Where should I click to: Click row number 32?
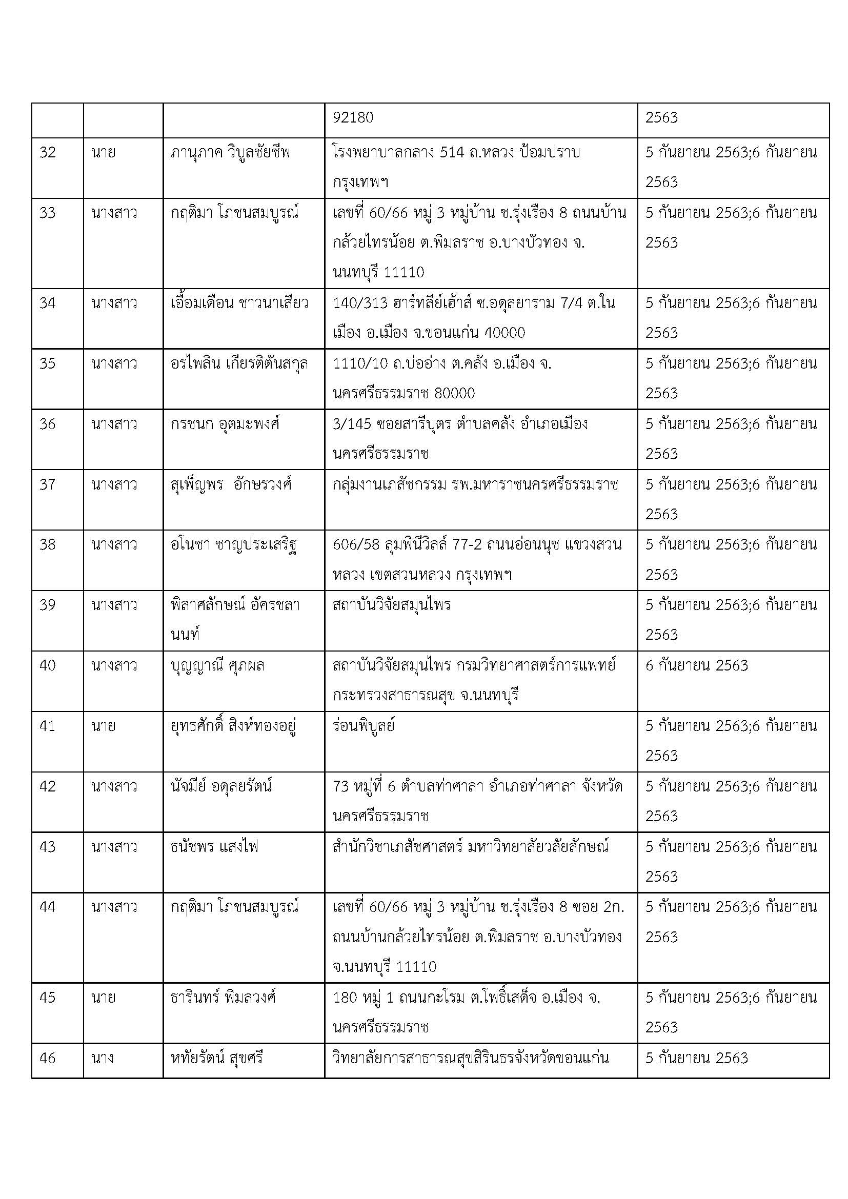[47, 152]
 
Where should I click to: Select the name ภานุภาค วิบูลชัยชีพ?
[230, 152]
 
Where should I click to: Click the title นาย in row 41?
[103, 726]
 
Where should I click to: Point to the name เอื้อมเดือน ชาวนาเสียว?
[239, 303]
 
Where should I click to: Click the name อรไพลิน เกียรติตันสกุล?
[239, 363]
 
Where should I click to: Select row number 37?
[47, 484]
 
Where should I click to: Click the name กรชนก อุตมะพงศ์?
[225, 423]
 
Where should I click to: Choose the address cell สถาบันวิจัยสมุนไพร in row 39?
[392, 605]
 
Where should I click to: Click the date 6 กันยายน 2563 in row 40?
[697, 665]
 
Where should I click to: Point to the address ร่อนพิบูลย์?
[364, 726]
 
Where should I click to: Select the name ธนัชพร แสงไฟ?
[215, 846]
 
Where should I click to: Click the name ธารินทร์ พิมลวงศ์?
[223, 998]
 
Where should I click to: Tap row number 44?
[47, 907]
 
